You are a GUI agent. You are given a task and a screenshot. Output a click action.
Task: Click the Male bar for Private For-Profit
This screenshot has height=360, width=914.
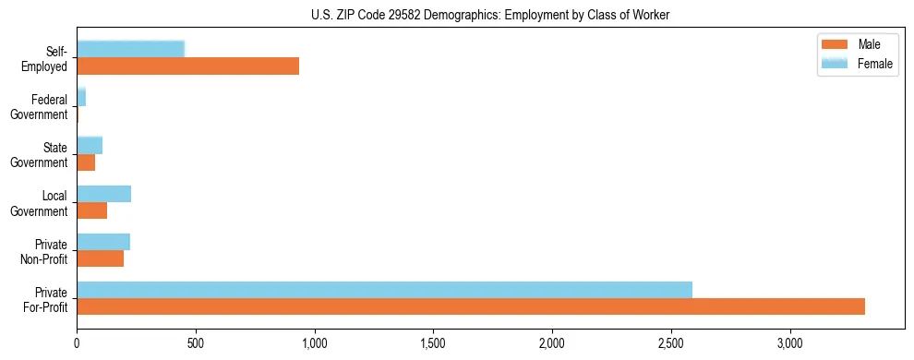(471, 306)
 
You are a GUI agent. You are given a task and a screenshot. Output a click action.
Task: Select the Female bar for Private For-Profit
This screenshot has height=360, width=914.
(384, 290)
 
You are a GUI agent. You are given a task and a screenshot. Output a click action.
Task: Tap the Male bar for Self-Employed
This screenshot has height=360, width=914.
(187, 66)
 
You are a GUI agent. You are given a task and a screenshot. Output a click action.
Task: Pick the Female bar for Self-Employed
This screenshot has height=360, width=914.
(130, 49)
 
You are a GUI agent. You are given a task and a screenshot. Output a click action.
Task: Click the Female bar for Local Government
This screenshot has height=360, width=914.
(103, 194)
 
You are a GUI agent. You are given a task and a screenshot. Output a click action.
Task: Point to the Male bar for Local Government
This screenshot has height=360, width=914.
(91, 210)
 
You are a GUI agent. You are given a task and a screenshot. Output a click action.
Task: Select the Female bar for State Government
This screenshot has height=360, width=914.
(90, 145)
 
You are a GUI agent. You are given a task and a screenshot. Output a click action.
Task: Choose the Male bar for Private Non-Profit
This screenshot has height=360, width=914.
(100, 258)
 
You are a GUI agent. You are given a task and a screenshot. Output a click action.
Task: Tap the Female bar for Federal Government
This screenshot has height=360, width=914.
(81, 97)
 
